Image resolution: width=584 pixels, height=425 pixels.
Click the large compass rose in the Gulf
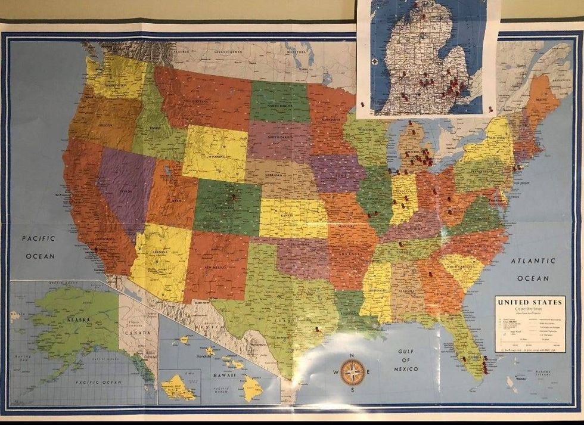(353, 373)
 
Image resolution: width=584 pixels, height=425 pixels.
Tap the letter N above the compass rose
(353, 356)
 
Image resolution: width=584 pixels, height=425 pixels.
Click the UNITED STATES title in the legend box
(529, 302)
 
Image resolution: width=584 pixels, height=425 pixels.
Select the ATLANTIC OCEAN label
(533, 269)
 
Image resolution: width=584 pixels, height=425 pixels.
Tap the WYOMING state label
(216, 158)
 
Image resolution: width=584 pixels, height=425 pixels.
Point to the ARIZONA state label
(160, 252)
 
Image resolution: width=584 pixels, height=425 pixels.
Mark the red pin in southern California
(96, 250)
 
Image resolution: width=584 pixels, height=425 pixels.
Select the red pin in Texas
(317, 328)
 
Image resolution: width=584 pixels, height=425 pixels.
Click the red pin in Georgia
(430, 274)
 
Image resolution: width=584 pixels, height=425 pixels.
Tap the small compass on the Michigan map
(374, 61)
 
